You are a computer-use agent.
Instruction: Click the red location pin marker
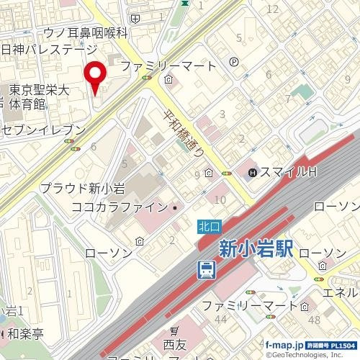(95, 76)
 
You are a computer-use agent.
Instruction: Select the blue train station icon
(206, 270)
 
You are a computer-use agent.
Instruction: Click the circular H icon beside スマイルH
(253, 173)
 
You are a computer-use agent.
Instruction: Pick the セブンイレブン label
(43, 130)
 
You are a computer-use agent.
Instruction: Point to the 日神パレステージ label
(49, 50)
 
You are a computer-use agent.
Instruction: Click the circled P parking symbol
(234, 63)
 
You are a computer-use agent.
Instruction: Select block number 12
(272, 9)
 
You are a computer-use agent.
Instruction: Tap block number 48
(314, 319)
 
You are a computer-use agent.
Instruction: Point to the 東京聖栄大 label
(39, 91)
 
